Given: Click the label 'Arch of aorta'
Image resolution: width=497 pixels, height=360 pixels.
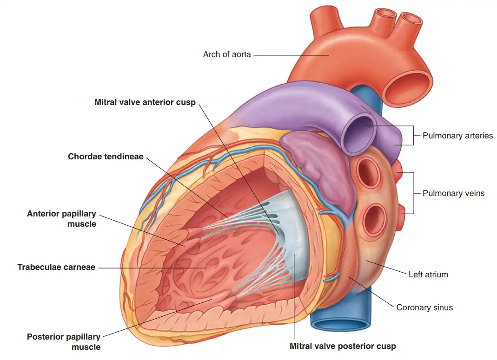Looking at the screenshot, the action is point(227,54).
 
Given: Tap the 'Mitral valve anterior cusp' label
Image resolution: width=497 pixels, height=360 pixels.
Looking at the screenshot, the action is point(145,102).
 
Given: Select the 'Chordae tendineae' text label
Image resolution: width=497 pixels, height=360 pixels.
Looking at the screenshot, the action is point(106,157).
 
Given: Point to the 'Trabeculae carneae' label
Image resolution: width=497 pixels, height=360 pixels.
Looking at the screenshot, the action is point(56,267).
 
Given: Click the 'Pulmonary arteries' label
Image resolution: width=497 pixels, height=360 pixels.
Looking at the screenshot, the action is point(457,136).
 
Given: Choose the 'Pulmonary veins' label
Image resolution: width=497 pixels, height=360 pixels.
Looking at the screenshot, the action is point(454,193).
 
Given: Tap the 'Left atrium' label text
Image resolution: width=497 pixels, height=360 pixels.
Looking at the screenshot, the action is point(428,275).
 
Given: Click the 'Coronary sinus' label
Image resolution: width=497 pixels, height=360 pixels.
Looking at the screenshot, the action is point(424,308).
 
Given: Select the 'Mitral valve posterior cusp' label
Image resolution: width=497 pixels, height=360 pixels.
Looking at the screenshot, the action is point(343,346).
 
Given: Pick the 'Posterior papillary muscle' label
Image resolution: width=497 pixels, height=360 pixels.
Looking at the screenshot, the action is point(64,341).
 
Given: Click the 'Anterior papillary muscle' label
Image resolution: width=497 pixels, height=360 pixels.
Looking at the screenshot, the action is point(61,219).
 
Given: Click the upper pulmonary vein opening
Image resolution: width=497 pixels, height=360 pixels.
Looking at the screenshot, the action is point(369,173).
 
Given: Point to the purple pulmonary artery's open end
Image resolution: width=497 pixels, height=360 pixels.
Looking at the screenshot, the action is point(359,133).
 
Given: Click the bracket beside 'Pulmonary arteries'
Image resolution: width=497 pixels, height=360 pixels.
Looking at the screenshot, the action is point(413,136).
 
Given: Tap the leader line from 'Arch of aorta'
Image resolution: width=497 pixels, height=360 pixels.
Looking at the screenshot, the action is point(292,55).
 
